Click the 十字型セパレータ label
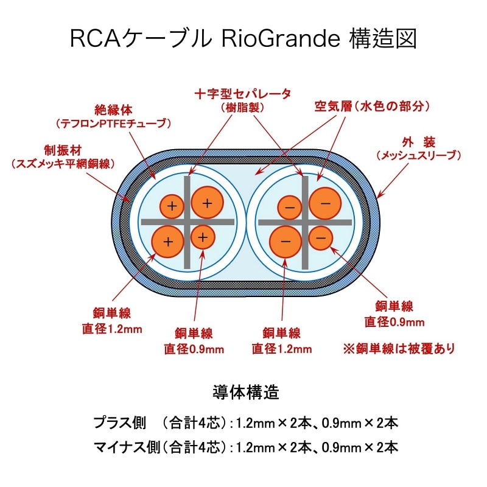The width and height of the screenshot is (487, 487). [242, 94]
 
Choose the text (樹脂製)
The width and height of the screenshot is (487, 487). [242, 108]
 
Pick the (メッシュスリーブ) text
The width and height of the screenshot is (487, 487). [417, 156]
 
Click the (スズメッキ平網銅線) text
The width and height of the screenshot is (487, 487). [63, 164]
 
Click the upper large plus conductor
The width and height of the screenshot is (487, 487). [207, 203]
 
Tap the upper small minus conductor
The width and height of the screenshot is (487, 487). [290, 208]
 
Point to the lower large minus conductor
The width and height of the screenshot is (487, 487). [286, 241]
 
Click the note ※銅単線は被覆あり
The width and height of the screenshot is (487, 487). [399, 349]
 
